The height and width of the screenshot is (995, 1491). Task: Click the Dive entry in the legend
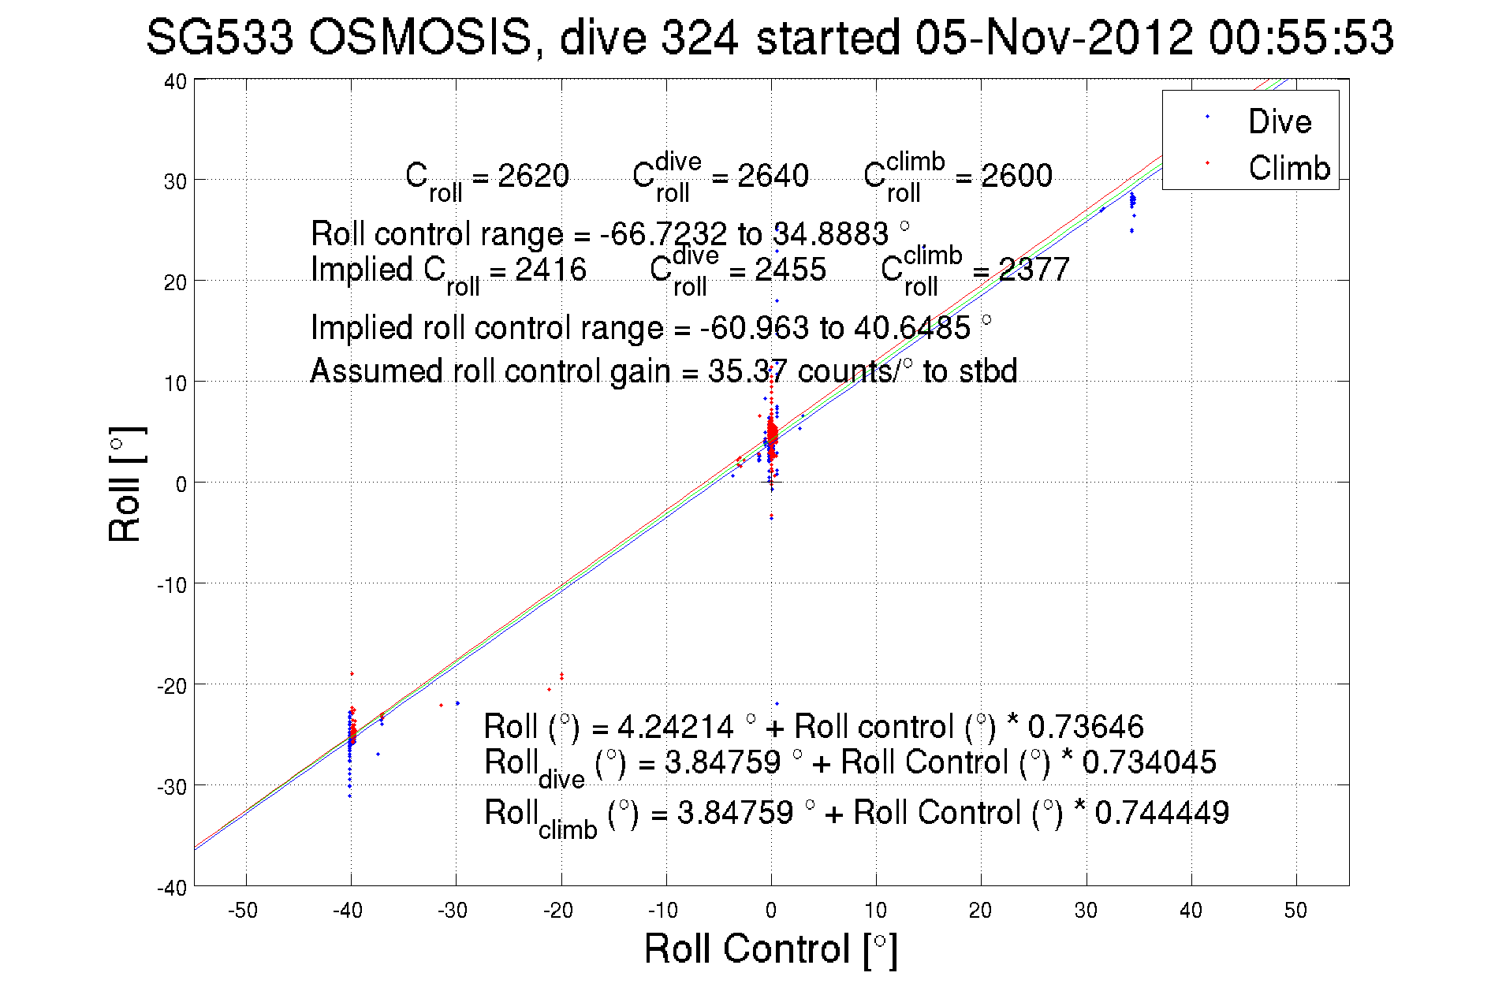click(1278, 121)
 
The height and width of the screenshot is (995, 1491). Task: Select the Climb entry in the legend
click(1288, 168)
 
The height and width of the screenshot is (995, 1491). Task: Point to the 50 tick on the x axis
click(1295, 911)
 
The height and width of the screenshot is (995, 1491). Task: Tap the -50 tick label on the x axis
click(243, 911)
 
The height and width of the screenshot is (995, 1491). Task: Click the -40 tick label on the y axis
click(172, 888)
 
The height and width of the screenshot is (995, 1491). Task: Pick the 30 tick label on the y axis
click(175, 181)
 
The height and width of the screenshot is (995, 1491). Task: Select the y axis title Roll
click(125, 485)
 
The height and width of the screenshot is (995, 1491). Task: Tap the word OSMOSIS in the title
click(420, 38)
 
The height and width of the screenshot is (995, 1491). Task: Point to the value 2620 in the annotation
click(533, 176)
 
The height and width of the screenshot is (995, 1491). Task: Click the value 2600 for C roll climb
click(1016, 176)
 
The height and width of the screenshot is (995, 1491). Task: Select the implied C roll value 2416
click(550, 270)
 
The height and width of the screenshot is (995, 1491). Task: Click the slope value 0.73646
click(1085, 726)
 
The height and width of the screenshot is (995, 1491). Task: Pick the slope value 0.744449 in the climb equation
click(1161, 813)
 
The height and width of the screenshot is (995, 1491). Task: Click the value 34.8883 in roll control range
click(830, 234)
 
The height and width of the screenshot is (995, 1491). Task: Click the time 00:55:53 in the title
click(1301, 38)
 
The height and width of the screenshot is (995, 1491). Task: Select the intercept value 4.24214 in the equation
click(675, 726)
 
